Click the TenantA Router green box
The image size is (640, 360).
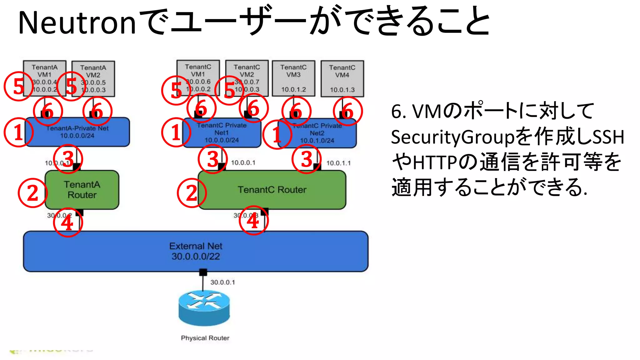(82, 190)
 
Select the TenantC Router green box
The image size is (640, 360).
(272, 190)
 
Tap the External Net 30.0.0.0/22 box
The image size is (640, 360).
(196, 251)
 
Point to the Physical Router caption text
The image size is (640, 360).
(205, 338)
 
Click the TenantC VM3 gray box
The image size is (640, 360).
(293, 78)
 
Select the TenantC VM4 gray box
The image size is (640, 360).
(342, 78)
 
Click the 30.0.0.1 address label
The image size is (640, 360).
(222, 282)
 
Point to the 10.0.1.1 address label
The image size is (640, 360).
(338, 163)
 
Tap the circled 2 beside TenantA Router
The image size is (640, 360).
(32, 193)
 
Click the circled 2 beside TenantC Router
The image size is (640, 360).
(192, 193)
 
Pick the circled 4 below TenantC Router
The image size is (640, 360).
(253, 221)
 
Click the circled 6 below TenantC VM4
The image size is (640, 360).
(347, 111)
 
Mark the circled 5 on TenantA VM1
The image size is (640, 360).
(19, 86)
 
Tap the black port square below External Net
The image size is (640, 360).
(203, 272)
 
